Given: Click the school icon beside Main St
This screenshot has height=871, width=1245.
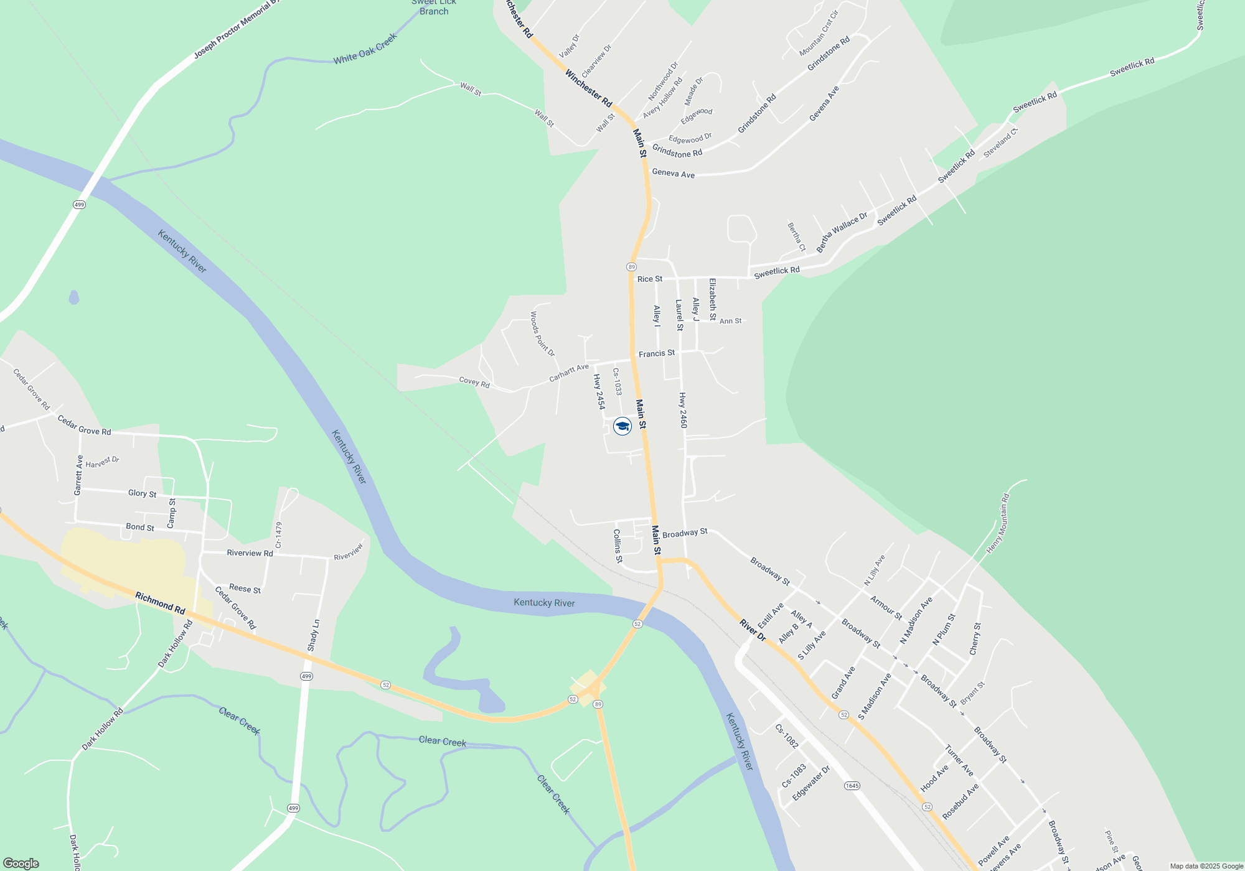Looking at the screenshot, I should pyautogui.click(x=622, y=426).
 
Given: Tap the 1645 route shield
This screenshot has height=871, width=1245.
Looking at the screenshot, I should pyautogui.click(x=852, y=786).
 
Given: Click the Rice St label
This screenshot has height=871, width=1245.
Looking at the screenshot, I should pyautogui.click(x=649, y=279).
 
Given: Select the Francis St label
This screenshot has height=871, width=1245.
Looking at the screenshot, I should pyautogui.click(x=656, y=353).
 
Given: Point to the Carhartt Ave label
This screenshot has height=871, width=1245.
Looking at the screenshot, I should pyautogui.click(x=568, y=373).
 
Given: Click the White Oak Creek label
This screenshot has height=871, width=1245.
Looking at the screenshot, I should pyautogui.click(x=365, y=49).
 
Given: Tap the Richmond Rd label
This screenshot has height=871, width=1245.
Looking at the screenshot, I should pyautogui.click(x=160, y=603).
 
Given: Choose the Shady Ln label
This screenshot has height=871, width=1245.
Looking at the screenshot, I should pyautogui.click(x=314, y=635).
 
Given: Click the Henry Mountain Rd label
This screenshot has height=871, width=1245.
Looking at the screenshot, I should pyautogui.click(x=997, y=523).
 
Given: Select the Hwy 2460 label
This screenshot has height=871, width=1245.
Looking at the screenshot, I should pyautogui.click(x=683, y=410).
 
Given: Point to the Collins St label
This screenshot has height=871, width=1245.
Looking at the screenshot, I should pyautogui.click(x=618, y=546).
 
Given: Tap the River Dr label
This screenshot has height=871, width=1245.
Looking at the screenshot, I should pyautogui.click(x=753, y=630).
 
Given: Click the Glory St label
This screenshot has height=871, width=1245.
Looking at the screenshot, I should pyautogui.click(x=142, y=493).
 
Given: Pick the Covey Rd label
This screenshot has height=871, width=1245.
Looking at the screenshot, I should pyautogui.click(x=474, y=383).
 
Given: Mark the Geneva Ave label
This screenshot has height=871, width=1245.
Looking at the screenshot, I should pyautogui.click(x=673, y=174).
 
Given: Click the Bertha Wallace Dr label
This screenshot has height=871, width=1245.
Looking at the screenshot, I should pyautogui.click(x=842, y=232).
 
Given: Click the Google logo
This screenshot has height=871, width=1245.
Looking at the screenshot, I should pyautogui.click(x=21, y=863).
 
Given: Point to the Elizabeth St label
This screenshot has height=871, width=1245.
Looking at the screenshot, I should pyautogui.click(x=713, y=299).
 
